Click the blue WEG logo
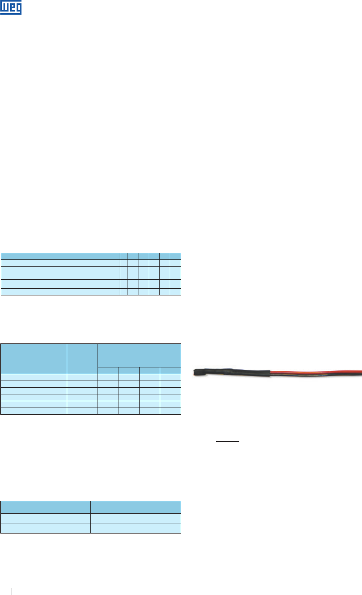[x=11, y=7]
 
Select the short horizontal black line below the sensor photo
[x=228, y=442]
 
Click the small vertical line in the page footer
[x=12, y=591]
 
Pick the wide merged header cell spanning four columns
[x=139, y=355]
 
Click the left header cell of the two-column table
[x=45, y=507]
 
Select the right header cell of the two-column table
[x=136, y=507]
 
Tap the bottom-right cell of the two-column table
[x=136, y=528]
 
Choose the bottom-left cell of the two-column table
[x=45, y=528]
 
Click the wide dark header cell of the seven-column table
[x=60, y=256]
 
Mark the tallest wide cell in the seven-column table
[x=60, y=273]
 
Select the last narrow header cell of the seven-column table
[x=176, y=256]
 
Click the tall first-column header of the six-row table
[x=34, y=359]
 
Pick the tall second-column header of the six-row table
[x=82, y=359]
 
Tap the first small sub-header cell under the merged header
[x=108, y=370]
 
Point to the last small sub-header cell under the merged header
[x=170, y=370]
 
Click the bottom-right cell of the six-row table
[x=170, y=411]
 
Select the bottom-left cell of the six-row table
[x=34, y=411]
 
